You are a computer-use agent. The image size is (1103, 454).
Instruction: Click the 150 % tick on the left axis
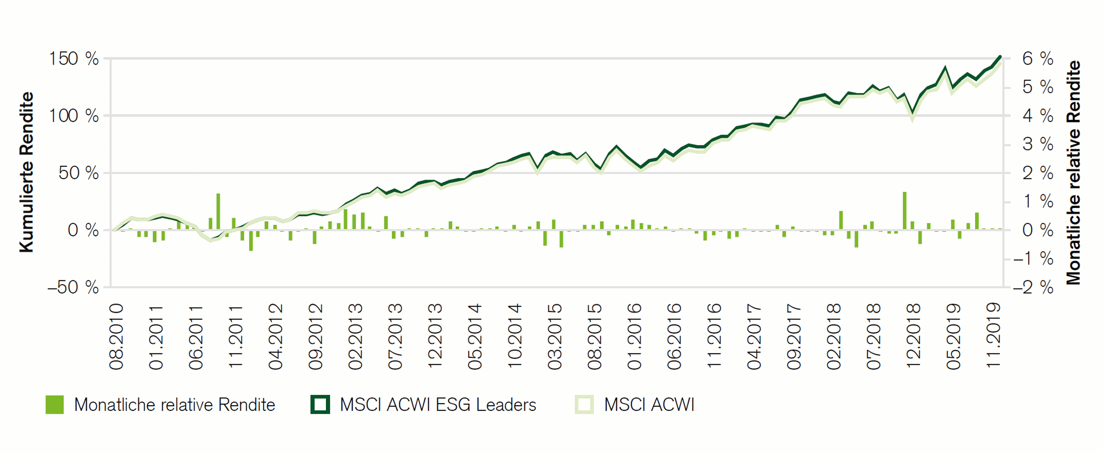pos(74,59)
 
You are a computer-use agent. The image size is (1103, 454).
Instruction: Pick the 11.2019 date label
pos(993,335)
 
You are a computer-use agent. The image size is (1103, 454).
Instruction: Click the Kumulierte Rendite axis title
pos(27,172)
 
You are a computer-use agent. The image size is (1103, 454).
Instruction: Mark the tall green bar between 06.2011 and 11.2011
pos(218,211)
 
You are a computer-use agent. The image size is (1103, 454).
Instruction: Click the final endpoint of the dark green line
pos(1000,56)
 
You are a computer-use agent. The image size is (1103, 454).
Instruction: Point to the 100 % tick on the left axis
pos(74,116)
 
